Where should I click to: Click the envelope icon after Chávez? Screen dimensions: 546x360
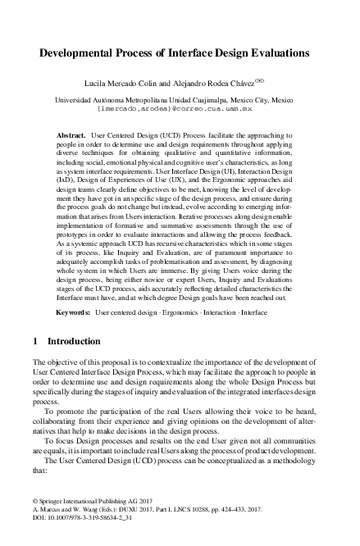[260, 81]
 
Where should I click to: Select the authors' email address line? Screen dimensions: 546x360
[180, 107]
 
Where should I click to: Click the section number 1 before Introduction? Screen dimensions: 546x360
[34, 340]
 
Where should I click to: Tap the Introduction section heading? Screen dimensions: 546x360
[74, 340]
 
